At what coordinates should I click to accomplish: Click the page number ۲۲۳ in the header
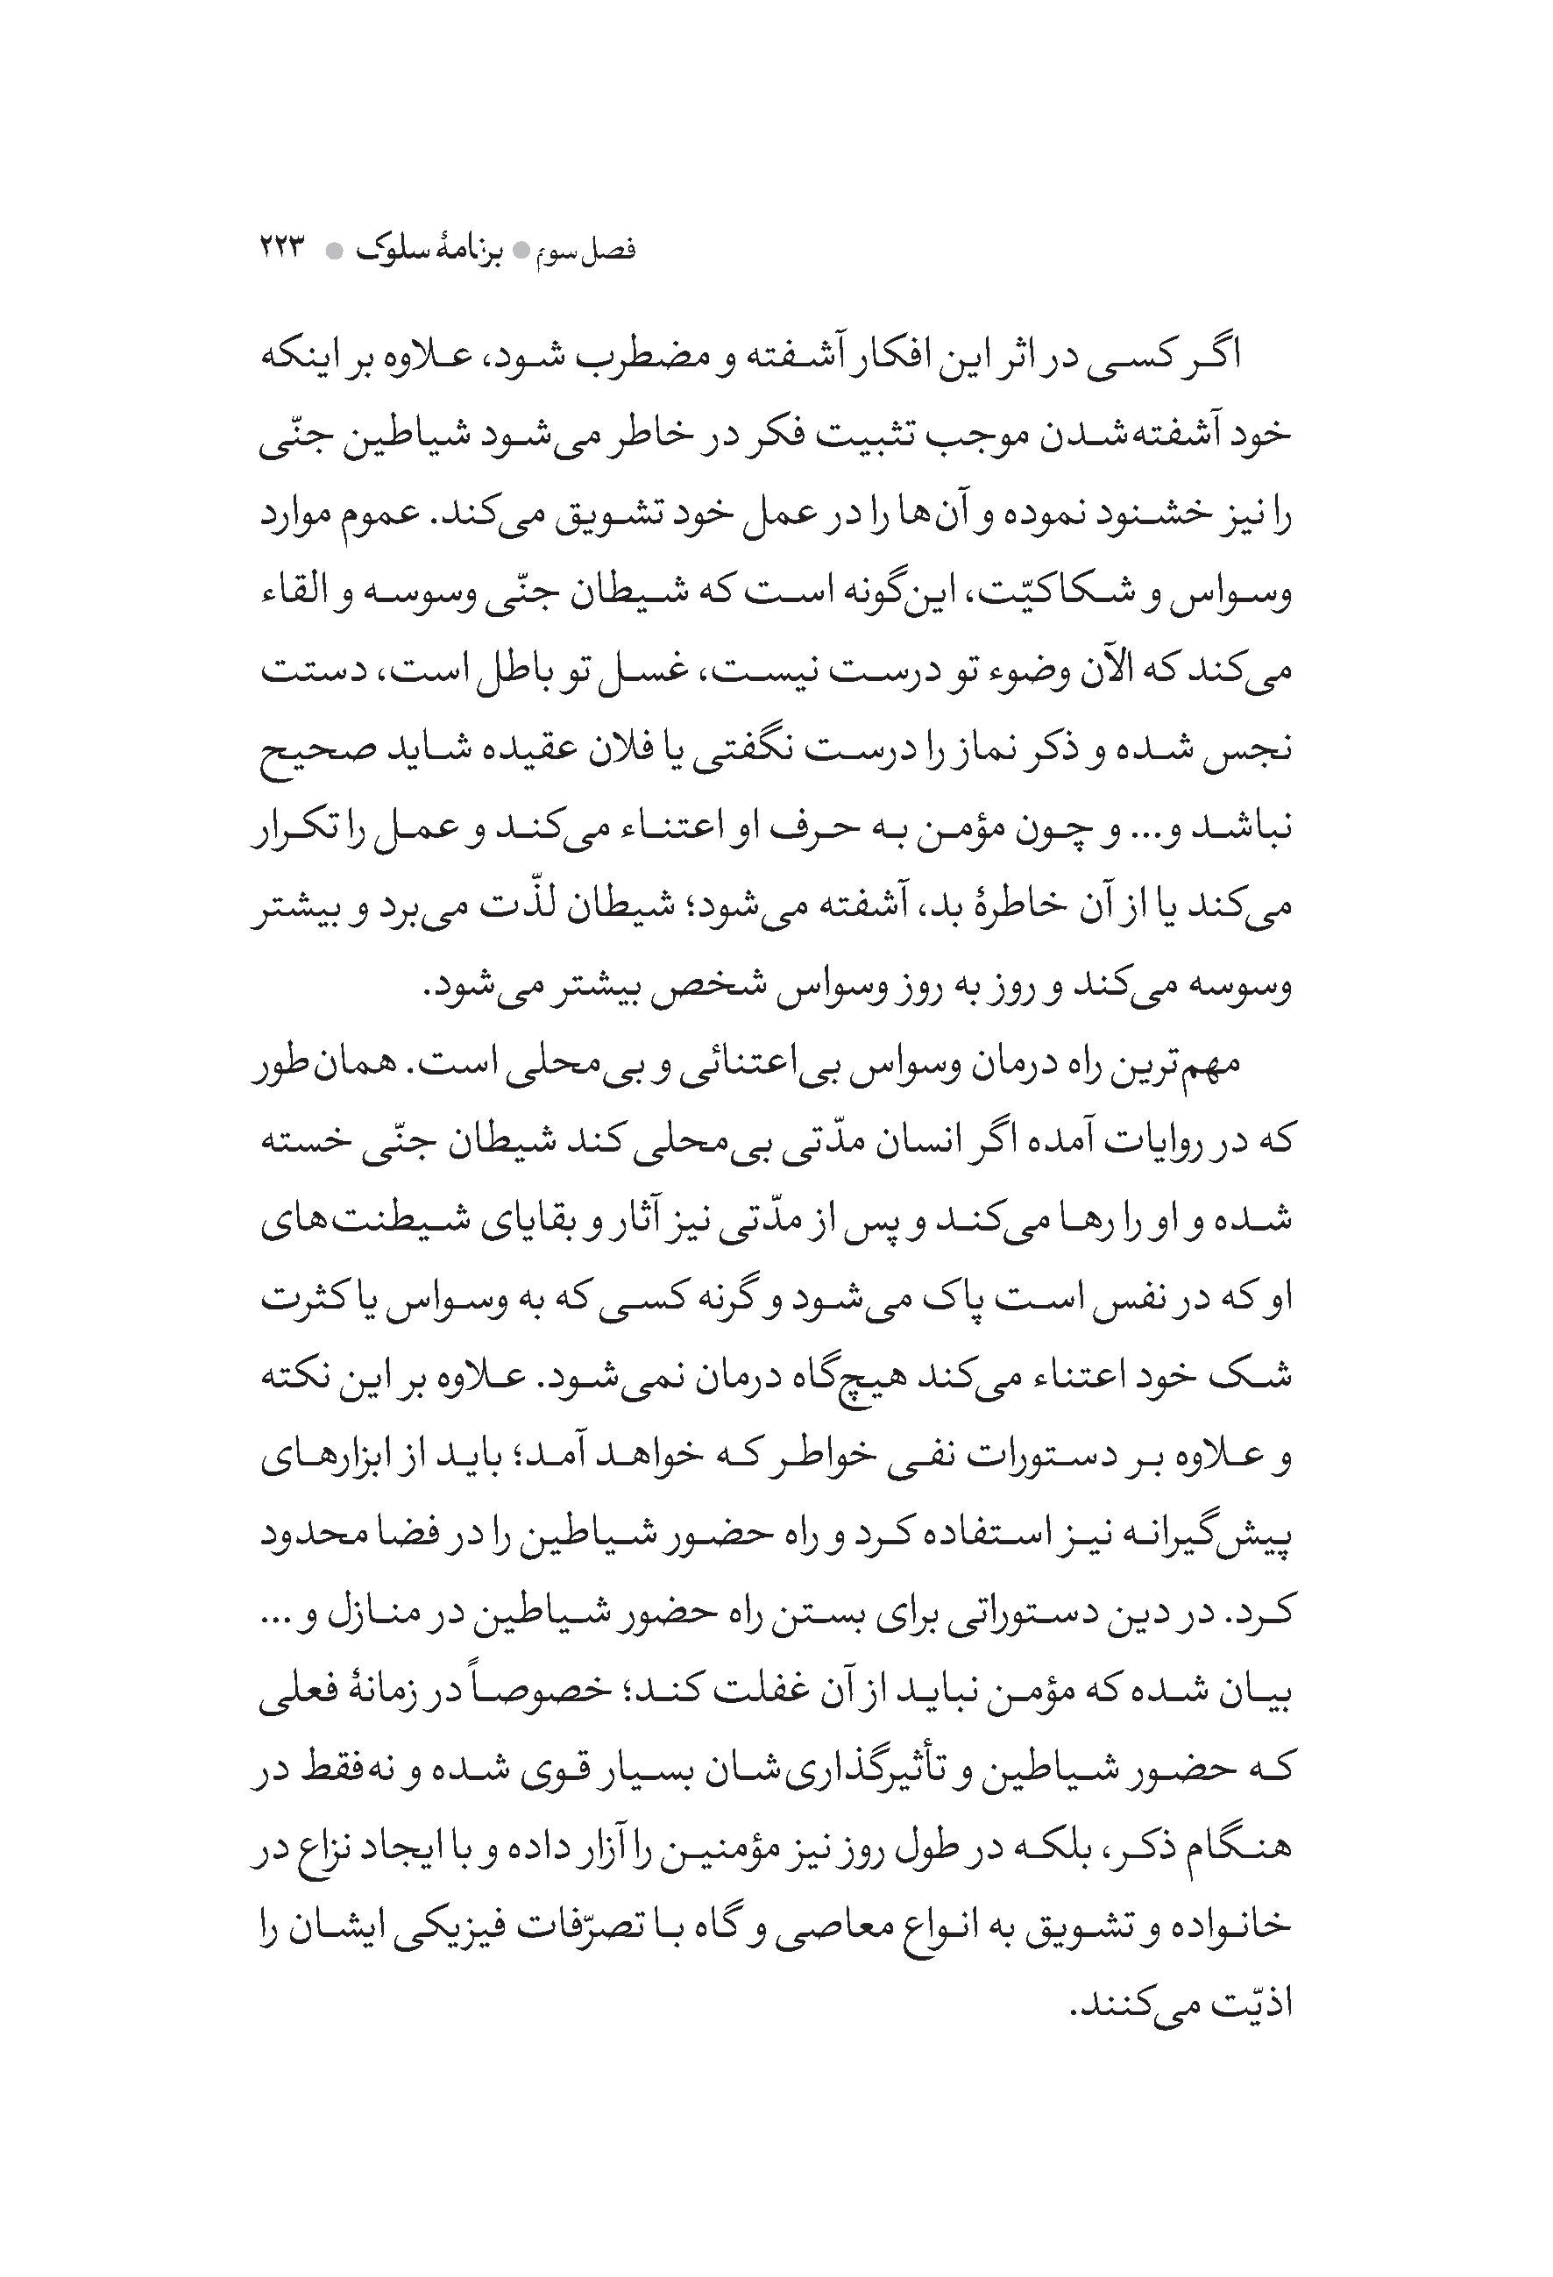(283, 250)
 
